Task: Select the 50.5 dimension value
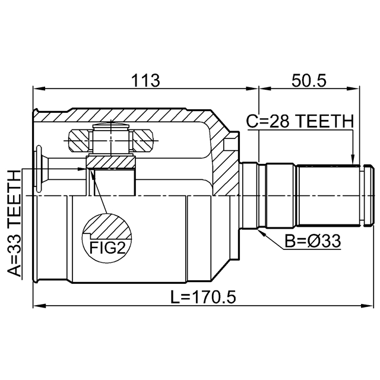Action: pyautogui.click(x=309, y=80)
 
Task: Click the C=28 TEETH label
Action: pyautogui.click(x=299, y=122)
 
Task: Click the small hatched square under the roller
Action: pyautogui.click(x=112, y=161)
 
